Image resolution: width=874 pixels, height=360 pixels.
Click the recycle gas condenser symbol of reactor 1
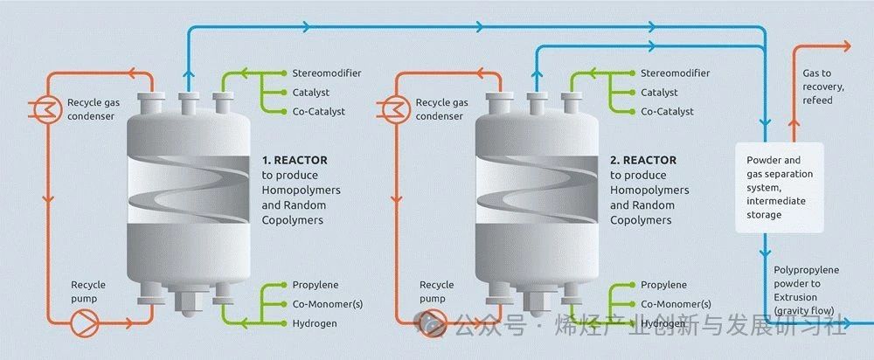[38, 107]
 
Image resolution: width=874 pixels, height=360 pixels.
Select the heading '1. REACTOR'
[295, 161]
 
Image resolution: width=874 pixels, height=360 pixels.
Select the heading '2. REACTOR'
[643, 161]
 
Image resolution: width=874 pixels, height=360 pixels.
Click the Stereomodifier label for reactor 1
[327, 73]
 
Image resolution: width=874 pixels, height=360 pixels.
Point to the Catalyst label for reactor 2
[659, 92]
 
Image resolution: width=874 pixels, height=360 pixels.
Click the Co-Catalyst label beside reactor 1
[319, 111]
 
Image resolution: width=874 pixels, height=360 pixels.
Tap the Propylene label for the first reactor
[316, 285]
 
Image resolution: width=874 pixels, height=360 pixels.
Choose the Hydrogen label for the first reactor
[315, 323]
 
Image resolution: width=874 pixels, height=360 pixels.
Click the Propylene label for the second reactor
[663, 285]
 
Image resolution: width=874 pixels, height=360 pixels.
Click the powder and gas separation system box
[780, 187]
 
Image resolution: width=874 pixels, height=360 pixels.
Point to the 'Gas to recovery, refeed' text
[818, 87]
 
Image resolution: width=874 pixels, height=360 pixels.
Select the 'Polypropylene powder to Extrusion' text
[806, 284]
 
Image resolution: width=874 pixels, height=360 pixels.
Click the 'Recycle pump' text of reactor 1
[88, 291]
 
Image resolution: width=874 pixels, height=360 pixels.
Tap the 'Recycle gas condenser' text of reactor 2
[441, 109]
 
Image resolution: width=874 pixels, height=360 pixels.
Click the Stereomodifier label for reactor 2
[676, 73]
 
